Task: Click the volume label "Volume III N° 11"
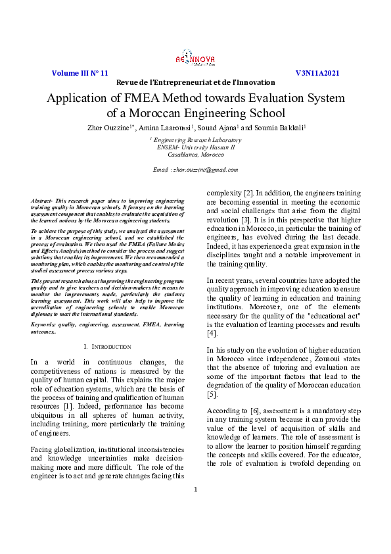80,73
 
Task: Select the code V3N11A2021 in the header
317,73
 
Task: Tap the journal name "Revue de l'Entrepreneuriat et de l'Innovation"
195,82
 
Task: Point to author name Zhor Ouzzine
104,127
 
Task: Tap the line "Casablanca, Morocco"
195,155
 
